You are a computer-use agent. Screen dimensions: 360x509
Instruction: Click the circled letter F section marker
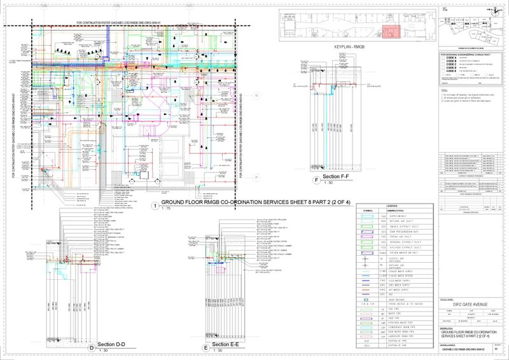tap(316, 181)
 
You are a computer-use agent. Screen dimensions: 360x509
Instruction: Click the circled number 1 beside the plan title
tap(155, 205)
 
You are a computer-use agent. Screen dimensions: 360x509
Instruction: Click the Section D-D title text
tap(111, 344)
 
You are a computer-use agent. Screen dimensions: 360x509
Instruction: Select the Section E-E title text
tap(225, 344)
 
